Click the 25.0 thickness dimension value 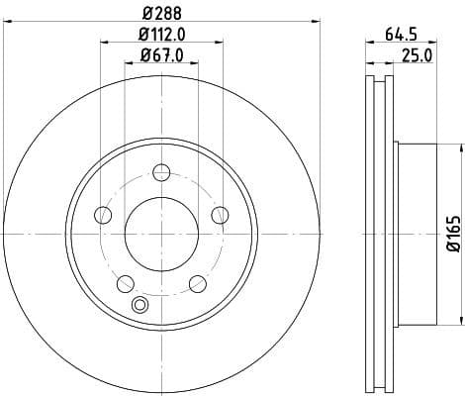pyautogui.click(x=416, y=55)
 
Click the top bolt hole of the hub pyautogui.click(x=161, y=175)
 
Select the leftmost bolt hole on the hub pyautogui.click(x=102, y=215)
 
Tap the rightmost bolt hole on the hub pyautogui.click(x=221, y=215)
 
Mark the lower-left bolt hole pyautogui.click(x=125, y=285)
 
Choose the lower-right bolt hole pyautogui.click(x=198, y=285)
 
